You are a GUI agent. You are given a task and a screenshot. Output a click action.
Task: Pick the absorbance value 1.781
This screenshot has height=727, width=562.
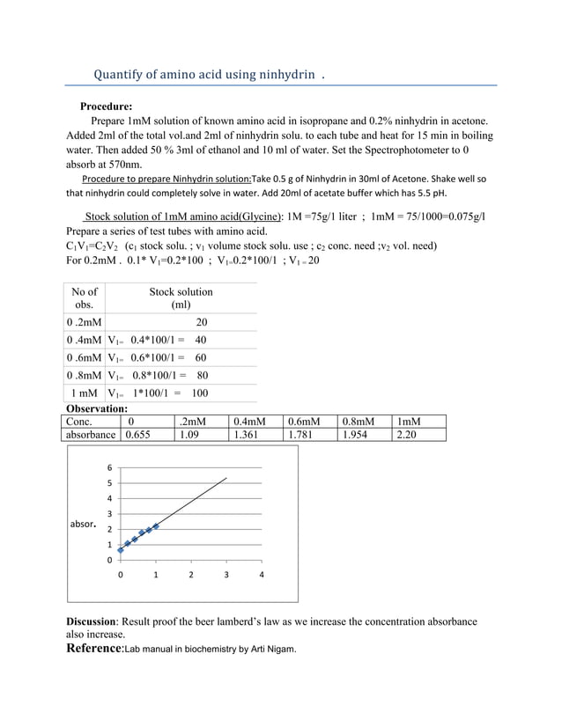[x=303, y=434]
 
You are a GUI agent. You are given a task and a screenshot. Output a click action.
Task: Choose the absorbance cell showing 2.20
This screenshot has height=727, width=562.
[x=406, y=434]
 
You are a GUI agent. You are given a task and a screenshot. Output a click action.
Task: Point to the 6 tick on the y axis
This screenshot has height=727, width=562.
[x=109, y=467]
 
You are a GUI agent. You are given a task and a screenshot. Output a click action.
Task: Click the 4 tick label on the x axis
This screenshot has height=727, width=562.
[x=262, y=576]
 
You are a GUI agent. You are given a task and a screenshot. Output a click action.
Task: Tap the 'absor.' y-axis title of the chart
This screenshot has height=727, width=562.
[x=83, y=524]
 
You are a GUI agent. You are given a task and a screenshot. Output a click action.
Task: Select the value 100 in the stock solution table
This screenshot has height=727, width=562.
[x=200, y=393]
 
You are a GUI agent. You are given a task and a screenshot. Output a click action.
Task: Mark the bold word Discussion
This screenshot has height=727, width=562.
[x=92, y=621]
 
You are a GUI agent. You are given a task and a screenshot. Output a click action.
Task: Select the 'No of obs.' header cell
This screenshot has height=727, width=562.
[x=85, y=298]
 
